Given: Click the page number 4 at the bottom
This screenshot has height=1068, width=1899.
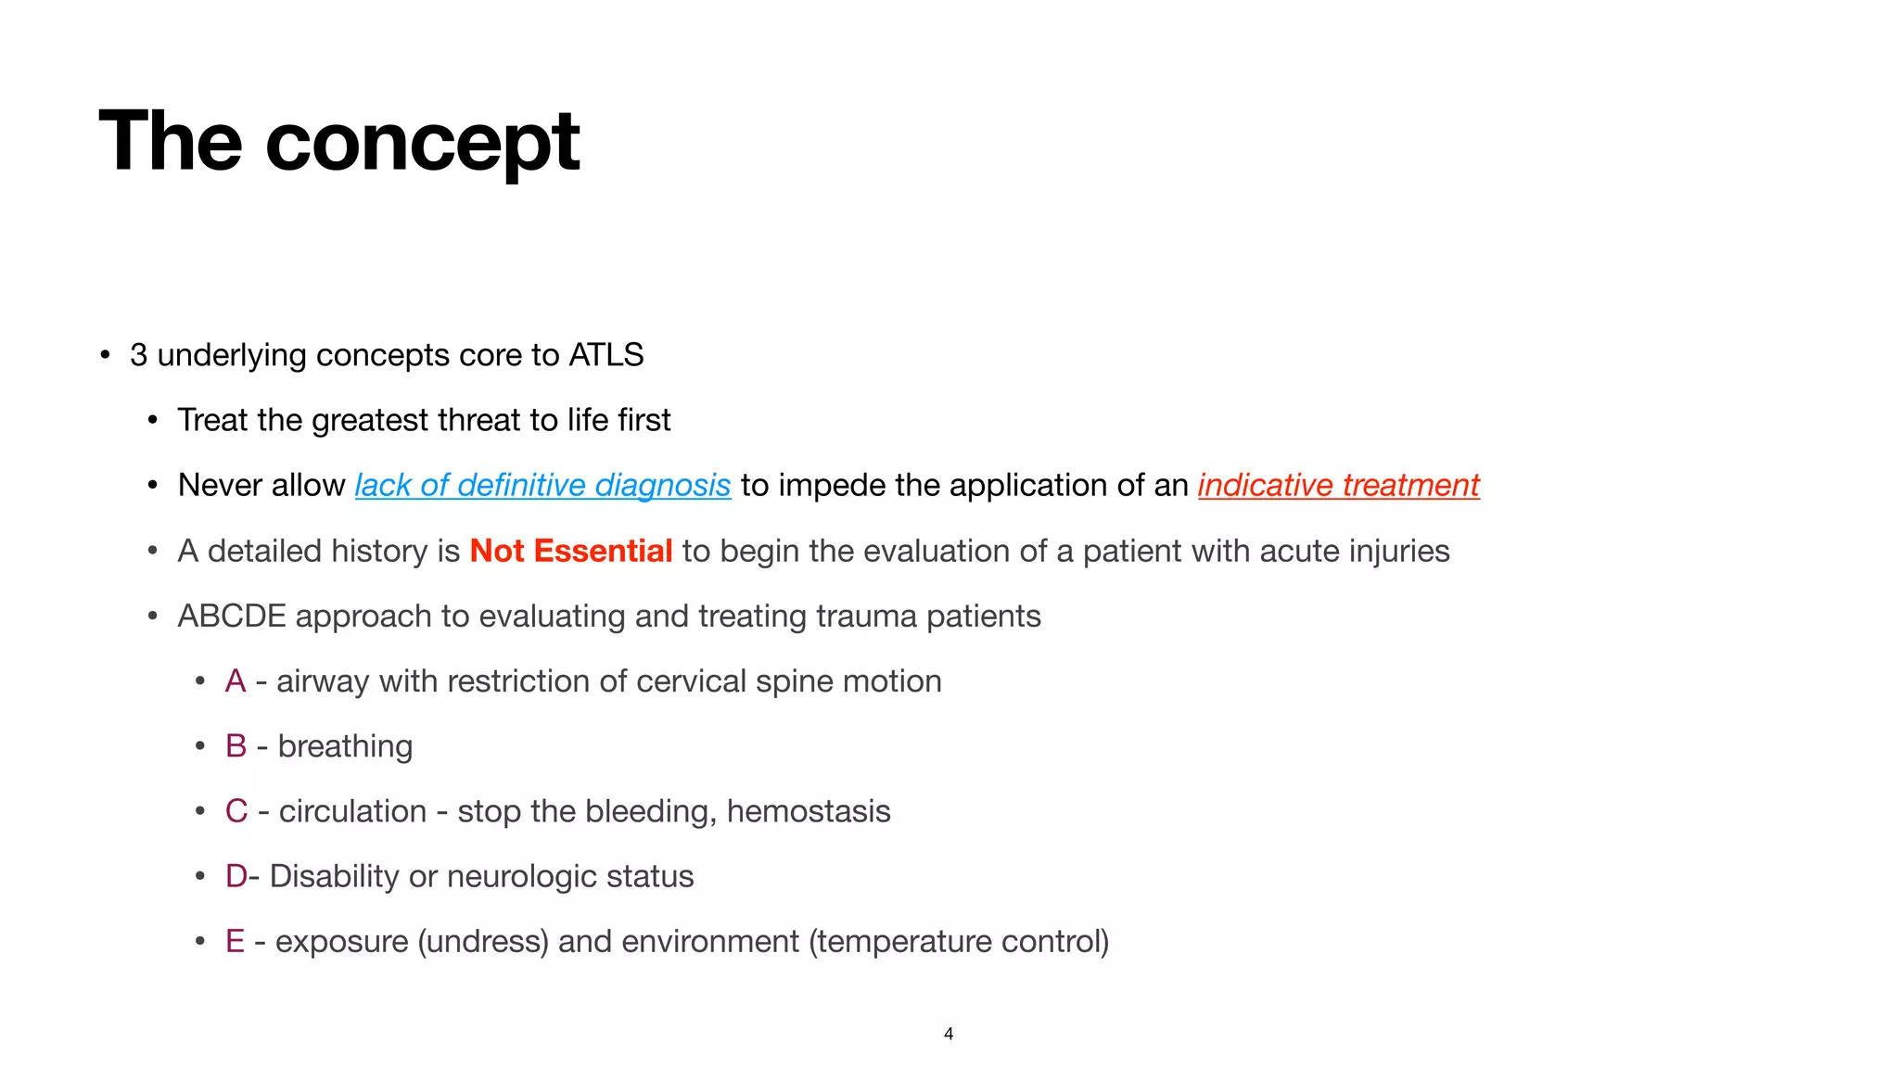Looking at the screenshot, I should (949, 1034).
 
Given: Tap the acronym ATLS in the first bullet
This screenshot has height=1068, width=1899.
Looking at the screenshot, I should (605, 355).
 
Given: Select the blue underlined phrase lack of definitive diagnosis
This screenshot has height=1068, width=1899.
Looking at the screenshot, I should (542, 485).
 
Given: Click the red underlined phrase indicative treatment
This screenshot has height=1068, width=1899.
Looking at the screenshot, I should (1338, 485).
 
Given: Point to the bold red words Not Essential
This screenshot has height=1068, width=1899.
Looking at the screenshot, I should (570, 551).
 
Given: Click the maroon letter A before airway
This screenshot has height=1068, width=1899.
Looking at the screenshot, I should (236, 681).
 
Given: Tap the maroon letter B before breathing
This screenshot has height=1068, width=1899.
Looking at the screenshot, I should (236, 746).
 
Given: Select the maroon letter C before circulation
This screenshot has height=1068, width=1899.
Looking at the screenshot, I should (236, 811).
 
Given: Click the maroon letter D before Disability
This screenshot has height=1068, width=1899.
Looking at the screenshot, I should (236, 876).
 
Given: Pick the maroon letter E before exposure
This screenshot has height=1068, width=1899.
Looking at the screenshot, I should (235, 941).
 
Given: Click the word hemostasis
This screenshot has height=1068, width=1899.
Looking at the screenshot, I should (808, 811).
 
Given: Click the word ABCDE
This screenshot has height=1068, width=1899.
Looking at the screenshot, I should (231, 617).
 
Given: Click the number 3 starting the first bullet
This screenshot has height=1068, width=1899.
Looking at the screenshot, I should (138, 355).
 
